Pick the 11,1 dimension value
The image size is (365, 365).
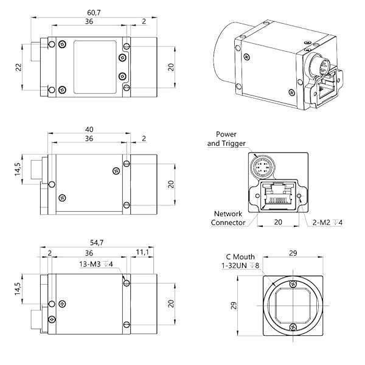click(x=142, y=252)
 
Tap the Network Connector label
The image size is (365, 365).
click(x=227, y=218)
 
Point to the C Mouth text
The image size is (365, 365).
click(x=240, y=257)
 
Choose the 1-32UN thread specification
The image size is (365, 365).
click(x=241, y=266)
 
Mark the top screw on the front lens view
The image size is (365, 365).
click(x=293, y=283)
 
